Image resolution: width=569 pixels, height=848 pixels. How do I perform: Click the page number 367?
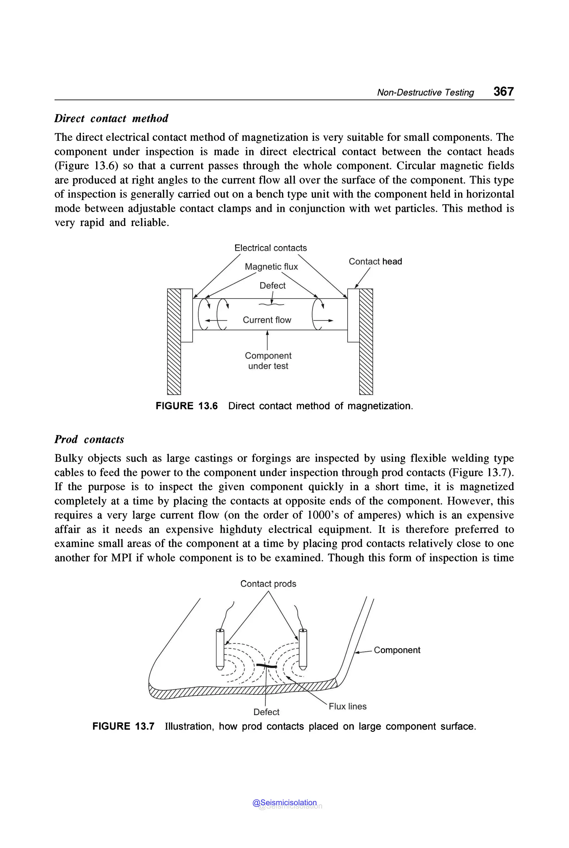click(x=503, y=91)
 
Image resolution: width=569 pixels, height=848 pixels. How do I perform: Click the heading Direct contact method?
click(x=111, y=118)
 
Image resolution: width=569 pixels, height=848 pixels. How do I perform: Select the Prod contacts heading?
click(x=89, y=440)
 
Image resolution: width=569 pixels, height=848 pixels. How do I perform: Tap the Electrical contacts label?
click(x=270, y=248)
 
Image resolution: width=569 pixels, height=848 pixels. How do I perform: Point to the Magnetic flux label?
click(x=271, y=267)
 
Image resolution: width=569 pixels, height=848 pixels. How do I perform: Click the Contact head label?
click(x=375, y=261)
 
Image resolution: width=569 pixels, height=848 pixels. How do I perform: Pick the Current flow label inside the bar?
click(x=267, y=320)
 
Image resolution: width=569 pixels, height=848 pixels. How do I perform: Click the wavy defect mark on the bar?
click(x=271, y=304)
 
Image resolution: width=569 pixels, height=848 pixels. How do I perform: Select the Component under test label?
click(x=268, y=361)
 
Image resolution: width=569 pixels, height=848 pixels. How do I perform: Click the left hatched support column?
click(x=174, y=341)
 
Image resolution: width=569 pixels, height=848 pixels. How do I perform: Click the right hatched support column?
click(x=366, y=341)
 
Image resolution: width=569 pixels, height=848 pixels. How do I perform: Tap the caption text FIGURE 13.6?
click(x=186, y=406)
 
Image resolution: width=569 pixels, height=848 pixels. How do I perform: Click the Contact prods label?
click(x=268, y=584)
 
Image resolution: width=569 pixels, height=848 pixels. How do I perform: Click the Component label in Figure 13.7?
click(x=397, y=650)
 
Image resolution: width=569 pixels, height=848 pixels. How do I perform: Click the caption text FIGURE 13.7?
click(x=123, y=726)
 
